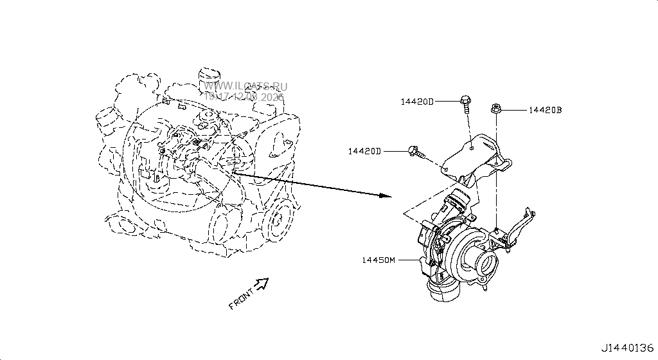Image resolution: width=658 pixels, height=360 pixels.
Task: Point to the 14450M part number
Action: click(x=378, y=260)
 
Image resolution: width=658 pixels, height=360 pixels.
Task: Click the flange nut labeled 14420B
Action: click(x=495, y=109)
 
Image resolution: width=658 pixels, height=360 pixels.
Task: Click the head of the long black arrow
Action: click(x=386, y=195)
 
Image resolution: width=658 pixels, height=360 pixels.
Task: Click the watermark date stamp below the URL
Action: click(x=244, y=96)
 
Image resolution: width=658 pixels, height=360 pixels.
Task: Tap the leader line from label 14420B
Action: click(x=514, y=110)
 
